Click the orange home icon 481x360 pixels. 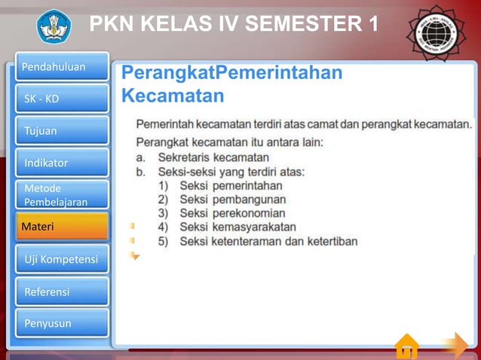(406, 346)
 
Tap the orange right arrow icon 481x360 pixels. (454, 346)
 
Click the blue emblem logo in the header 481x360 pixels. (54, 26)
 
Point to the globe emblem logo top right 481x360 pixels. (436, 30)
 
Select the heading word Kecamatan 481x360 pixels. (173, 96)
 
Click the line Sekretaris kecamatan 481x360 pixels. (213, 157)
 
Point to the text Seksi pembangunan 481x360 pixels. (232, 200)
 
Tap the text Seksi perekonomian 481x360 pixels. (232, 213)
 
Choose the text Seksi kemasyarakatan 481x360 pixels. (237, 227)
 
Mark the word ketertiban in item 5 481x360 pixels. (329, 241)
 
